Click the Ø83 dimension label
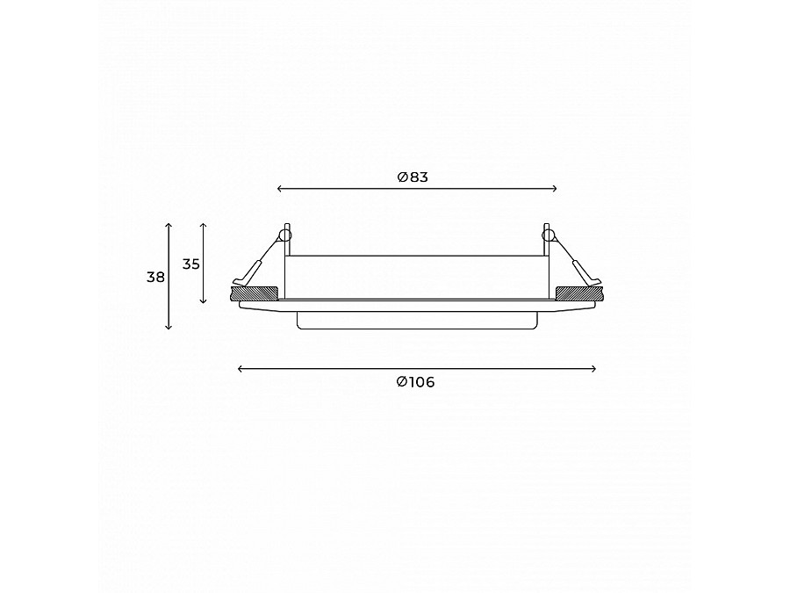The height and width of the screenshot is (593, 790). [x=413, y=177]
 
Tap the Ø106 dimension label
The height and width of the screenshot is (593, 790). [x=415, y=382]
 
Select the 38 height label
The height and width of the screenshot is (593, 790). [x=155, y=277]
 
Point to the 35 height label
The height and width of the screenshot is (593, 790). [x=191, y=264]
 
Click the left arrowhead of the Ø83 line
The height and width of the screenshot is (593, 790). [x=279, y=188]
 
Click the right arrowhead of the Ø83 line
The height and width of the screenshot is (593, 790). [x=555, y=188]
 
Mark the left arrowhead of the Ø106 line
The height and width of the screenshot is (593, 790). [x=240, y=369]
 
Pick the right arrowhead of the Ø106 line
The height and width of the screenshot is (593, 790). [x=594, y=369]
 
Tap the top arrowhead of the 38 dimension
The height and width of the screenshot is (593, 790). [x=169, y=225]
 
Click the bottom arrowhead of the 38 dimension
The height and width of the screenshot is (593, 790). [x=169, y=328]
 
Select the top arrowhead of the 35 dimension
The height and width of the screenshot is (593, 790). [x=204, y=225]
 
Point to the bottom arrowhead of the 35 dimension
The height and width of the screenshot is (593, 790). [x=204, y=301]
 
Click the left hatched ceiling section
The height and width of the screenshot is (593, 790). [x=255, y=293]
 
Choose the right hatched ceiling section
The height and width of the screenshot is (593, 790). [x=578, y=293]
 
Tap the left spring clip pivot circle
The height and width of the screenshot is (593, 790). [x=284, y=235]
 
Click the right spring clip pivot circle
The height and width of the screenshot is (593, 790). [x=549, y=235]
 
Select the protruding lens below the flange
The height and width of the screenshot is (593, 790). [x=416, y=320]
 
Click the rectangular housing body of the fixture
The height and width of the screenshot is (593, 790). [x=416, y=277]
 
